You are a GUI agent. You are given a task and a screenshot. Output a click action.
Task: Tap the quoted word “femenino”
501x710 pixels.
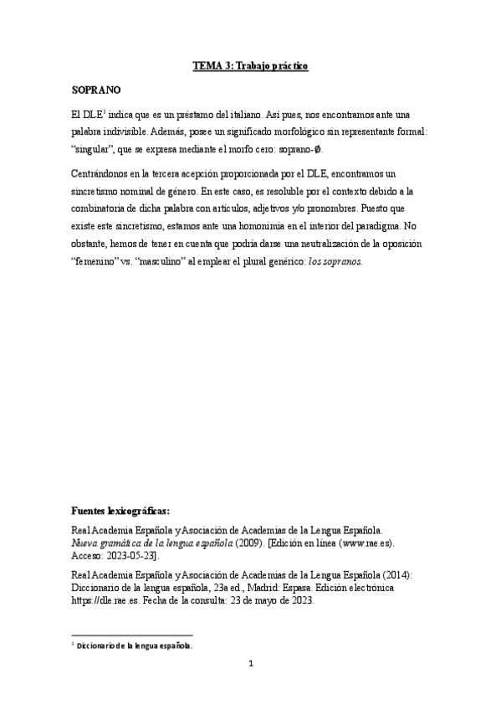click(96, 261)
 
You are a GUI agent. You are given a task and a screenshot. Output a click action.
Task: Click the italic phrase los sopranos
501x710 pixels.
click(336, 261)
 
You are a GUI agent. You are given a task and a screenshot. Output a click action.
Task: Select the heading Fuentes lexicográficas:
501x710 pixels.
click(121, 509)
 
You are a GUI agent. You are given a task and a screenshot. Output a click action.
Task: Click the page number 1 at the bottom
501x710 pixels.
click(250, 665)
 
